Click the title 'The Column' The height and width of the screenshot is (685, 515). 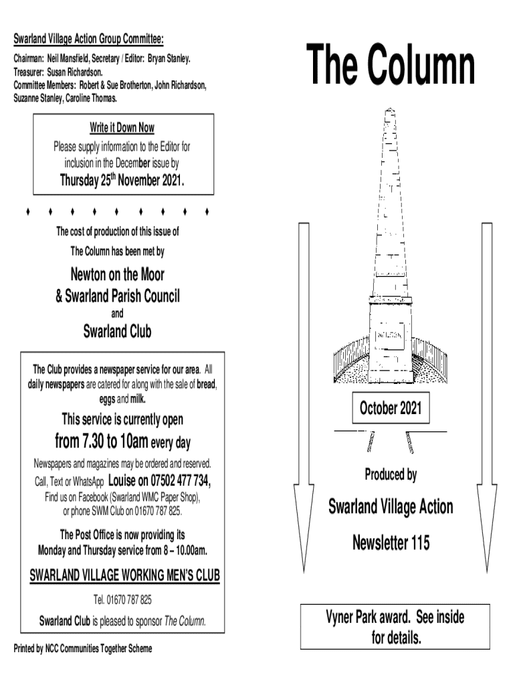coord(391,66)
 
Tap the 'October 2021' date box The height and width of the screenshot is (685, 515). coord(391,409)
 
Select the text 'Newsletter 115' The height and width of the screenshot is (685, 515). coord(391,543)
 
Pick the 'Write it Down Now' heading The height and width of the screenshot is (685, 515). coord(122,128)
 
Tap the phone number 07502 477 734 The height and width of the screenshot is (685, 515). coord(182,480)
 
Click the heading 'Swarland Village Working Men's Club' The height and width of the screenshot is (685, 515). coord(125,576)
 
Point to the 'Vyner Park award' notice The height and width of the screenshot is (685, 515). coord(395,627)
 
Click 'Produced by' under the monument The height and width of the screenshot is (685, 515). coord(391,474)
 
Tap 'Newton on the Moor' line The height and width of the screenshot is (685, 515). coord(118,274)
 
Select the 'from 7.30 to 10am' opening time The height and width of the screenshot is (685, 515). coord(98,442)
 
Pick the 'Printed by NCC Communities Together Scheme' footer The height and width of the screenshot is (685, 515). coord(83,648)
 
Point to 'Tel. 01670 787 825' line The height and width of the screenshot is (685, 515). coord(124,599)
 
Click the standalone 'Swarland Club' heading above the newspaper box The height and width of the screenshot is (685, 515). coord(118,331)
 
